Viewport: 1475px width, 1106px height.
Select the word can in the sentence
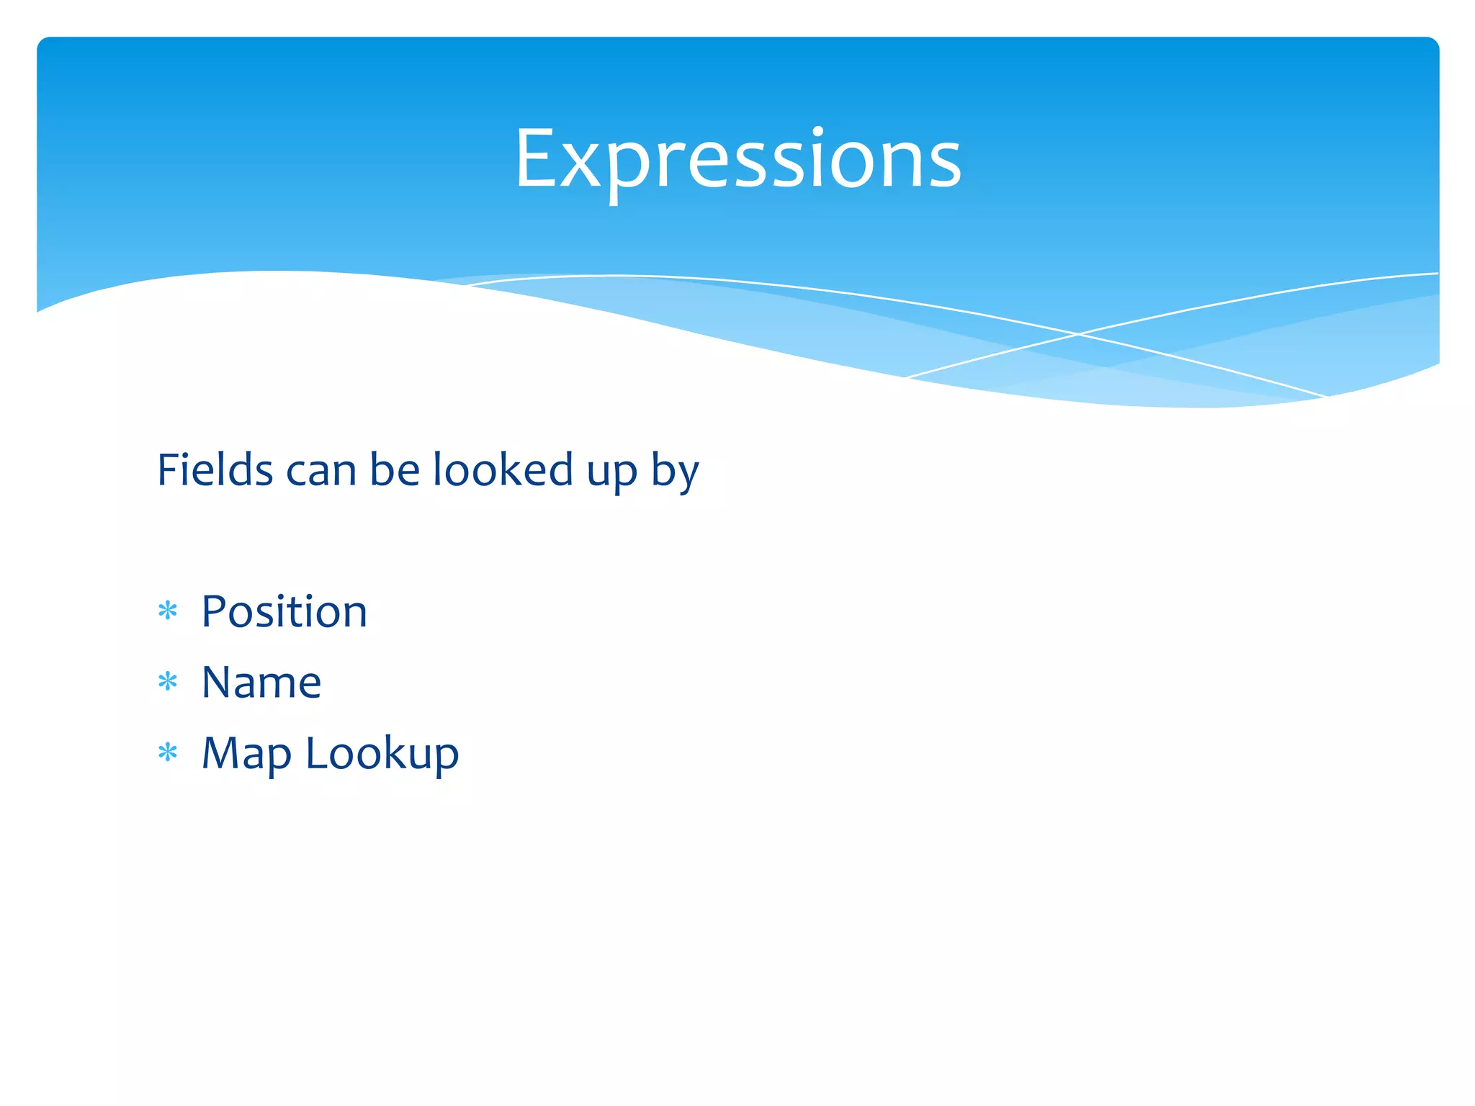click(x=321, y=472)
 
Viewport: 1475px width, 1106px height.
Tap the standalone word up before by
click(x=612, y=475)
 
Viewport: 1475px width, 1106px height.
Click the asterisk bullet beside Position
click(x=168, y=611)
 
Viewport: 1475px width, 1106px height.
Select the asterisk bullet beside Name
click(x=168, y=681)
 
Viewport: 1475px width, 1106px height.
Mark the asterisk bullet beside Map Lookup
click(x=168, y=752)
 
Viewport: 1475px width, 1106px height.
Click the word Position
click(x=284, y=611)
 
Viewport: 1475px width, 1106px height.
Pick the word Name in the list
click(x=261, y=682)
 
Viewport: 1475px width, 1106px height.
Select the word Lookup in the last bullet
click(x=382, y=755)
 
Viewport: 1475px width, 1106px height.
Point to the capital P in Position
click(x=214, y=611)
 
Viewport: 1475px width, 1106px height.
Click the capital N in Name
click(x=217, y=682)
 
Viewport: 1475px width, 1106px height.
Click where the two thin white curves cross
click(x=1078, y=334)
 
